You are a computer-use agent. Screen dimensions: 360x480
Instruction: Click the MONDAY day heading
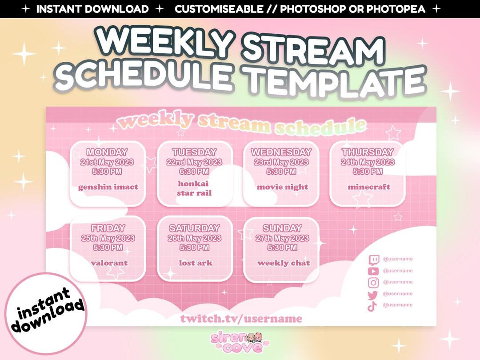[x=108, y=152]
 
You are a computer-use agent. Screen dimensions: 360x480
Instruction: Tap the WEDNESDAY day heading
[x=281, y=152]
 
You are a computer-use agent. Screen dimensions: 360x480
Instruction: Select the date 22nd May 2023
[x=194, y=162]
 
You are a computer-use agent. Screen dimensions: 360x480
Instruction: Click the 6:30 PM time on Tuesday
[x=194, y=172]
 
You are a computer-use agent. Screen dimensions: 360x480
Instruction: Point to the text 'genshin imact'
[x=108, y=187]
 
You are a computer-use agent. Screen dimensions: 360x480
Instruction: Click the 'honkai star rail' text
[x=194, y=188]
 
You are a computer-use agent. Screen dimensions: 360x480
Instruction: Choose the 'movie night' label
[x=282, y=187]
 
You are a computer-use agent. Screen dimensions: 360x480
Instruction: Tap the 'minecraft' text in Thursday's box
[x=369, y=187]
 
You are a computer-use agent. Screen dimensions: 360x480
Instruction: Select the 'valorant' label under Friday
[x=109, y=263]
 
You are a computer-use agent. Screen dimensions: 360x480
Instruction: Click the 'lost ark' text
[x=196, y=263]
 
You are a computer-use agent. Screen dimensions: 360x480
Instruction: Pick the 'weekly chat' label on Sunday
[x=284, y=263]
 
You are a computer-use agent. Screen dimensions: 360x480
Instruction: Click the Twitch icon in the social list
[x=373, y=260]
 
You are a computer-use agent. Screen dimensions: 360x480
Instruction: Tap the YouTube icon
[x=373, y=271]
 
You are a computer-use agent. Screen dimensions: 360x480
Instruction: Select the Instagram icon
[x=373, y=282]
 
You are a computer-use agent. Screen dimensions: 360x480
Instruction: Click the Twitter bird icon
[x=373, y=294]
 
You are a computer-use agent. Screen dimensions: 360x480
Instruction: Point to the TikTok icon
[x=372, y=306]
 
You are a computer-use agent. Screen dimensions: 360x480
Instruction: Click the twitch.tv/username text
[x=241, y=319]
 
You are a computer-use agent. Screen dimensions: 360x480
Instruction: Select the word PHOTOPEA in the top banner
[x=397, y=9]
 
